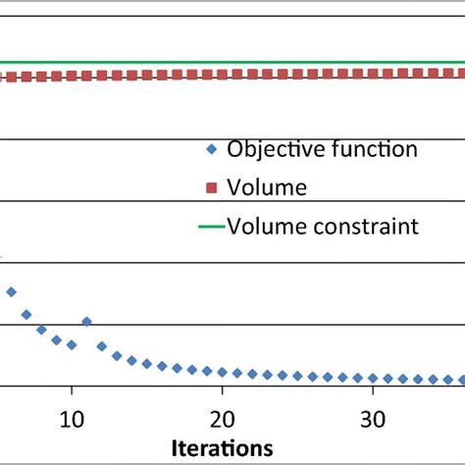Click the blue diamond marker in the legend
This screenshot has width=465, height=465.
point(212,150)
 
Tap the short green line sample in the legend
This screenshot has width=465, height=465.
point(211,227)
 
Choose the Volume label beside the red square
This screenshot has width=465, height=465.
point(267,187)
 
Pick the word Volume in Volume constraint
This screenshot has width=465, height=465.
point(263,227)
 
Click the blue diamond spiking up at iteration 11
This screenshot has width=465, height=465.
point(86,322)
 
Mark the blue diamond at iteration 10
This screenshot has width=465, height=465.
point(72,344)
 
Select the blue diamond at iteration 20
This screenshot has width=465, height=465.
point(223,372)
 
